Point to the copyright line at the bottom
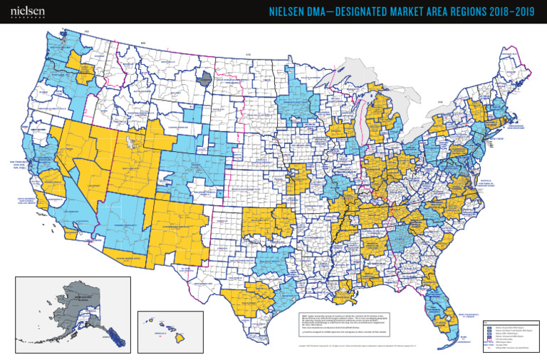pyautogui.click(x=356, y=347)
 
